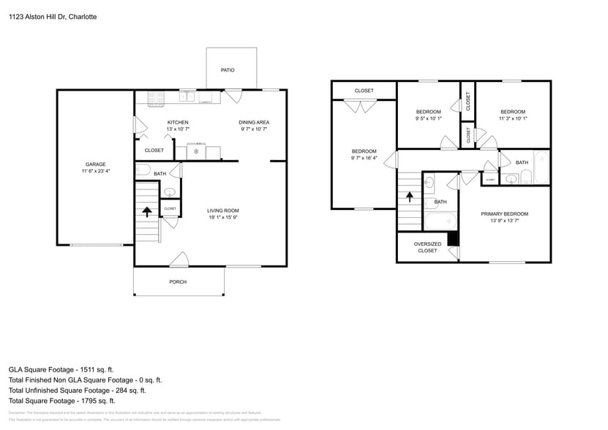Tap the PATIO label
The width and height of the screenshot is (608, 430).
[x=228, y=70]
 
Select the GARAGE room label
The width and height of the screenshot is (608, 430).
[x=96, y=164]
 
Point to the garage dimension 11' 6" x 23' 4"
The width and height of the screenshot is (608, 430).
[x=96, y=171]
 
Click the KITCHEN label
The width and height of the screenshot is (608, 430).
[x=178, y=122]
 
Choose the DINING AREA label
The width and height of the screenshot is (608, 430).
[x=254, y=122]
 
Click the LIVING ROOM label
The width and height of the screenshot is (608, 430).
[x=223, y=211]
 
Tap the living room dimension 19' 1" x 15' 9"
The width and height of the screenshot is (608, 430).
[x=223, y=218]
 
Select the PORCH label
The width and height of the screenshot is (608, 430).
[x=178, y=282]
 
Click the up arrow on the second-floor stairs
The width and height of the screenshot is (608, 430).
[x=409, y=197]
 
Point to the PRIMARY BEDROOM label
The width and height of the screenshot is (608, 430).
[x=504, y=214]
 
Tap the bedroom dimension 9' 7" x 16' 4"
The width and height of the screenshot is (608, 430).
[x=364, y=158]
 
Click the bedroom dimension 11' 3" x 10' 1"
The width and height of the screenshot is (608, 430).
[x=513, y=118]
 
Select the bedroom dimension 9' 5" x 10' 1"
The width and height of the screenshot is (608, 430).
[x=429, y=118]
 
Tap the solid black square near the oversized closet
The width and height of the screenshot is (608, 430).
[x=453, y=238]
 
